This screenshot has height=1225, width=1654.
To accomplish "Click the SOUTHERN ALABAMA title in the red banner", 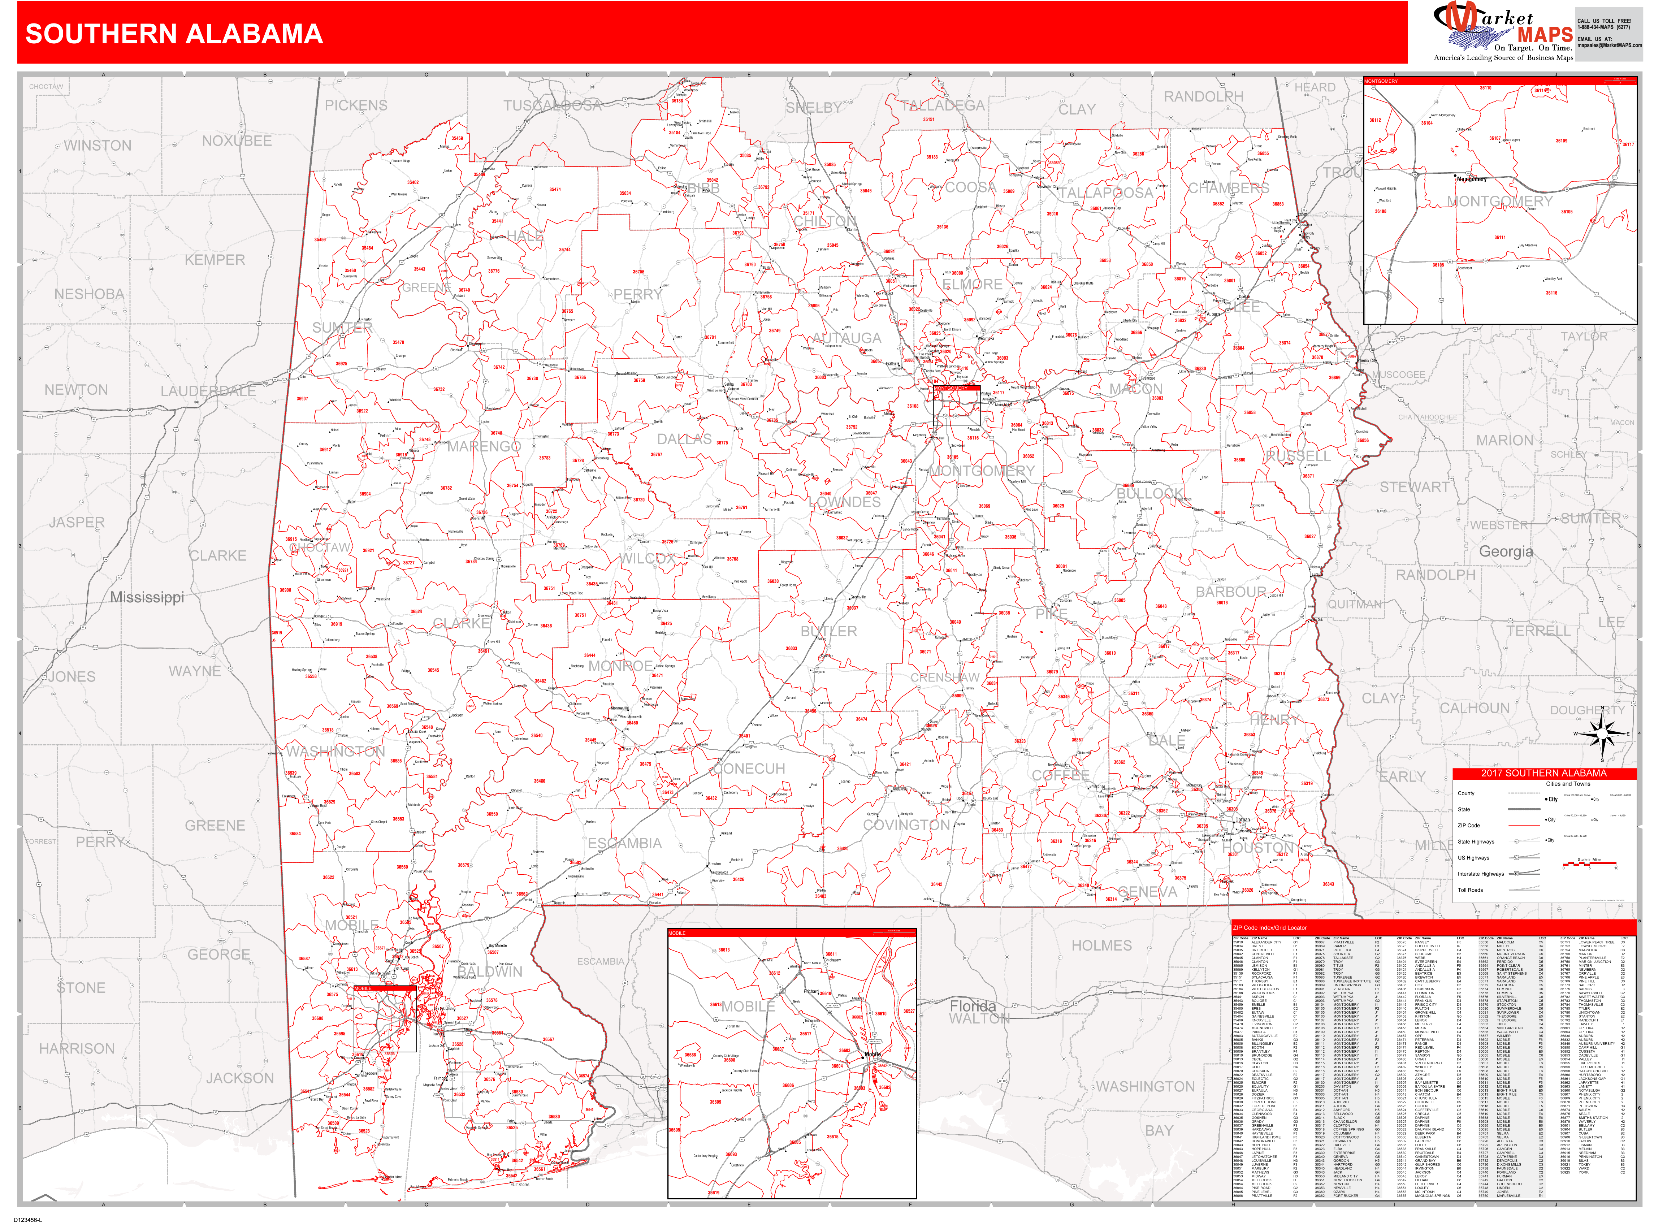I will pos(174,34).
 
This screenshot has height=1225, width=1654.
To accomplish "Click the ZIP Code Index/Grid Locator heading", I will pos(1269,928).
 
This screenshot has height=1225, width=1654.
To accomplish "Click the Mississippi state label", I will pos(147,598).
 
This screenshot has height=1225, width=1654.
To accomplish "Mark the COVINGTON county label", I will pos(906,825).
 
